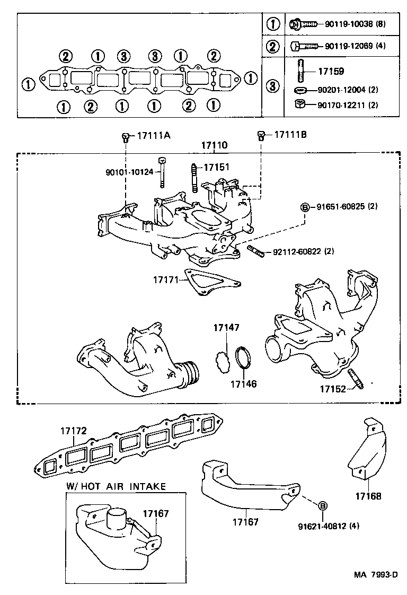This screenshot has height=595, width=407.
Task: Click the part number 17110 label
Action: pos(214,145)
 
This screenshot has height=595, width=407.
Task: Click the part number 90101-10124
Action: pos(129,172)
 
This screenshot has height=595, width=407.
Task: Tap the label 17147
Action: pos(227,328)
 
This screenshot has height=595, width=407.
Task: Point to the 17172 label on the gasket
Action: pos(73,432)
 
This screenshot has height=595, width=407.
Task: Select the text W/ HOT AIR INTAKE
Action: pos(116,486)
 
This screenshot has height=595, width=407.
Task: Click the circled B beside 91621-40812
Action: pos(322,505)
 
